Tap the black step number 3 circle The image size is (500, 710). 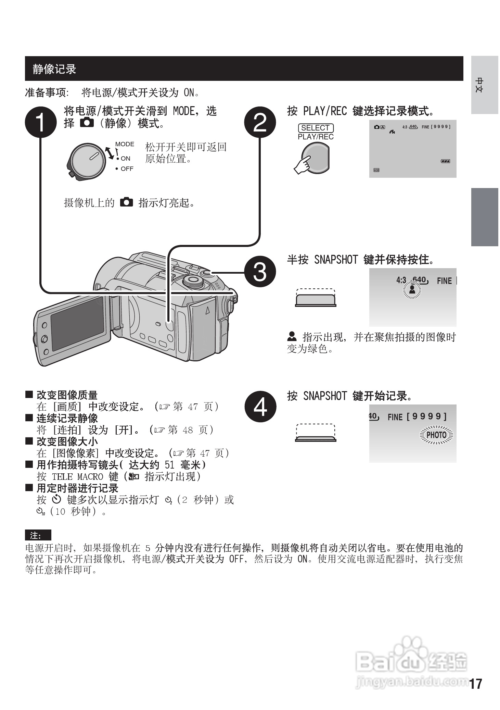point(260,272)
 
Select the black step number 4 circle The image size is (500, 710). point(260,407)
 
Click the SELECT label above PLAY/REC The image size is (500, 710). point(316,128)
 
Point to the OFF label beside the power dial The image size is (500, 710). point(127,169)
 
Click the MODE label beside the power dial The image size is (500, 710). point(125,144)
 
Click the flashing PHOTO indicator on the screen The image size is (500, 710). point(436,435)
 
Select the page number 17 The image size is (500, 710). point(476,684)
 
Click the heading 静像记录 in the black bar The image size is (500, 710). point(54,69)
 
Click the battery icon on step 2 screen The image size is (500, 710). point(445,161)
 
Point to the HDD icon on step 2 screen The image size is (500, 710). point(376,170)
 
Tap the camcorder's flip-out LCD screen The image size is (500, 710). point(77,323)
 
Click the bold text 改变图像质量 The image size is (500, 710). point(67,395)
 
